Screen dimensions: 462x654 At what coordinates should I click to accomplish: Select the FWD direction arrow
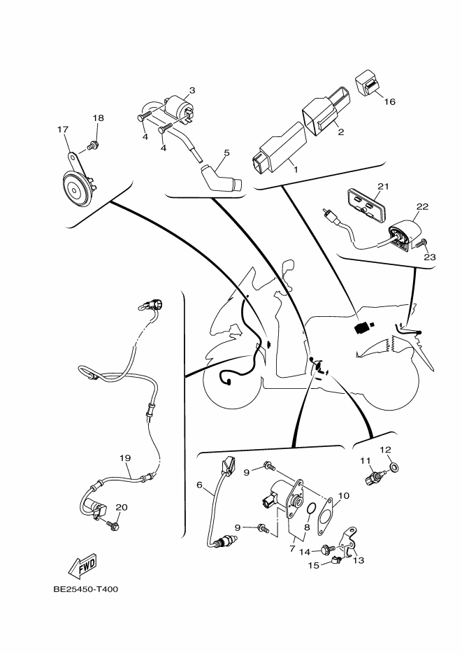82,566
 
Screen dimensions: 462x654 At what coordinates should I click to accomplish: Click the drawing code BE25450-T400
86,589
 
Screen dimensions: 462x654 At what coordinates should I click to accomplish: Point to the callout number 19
125,458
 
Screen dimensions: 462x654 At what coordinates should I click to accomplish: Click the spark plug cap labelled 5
221,178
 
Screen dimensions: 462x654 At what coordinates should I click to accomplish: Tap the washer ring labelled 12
393,467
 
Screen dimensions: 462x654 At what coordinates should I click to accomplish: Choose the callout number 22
422,206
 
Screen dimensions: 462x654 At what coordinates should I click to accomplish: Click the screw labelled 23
420,243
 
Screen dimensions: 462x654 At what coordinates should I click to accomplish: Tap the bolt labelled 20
112,525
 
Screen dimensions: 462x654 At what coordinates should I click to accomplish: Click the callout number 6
199,485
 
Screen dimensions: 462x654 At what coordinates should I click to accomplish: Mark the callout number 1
296,169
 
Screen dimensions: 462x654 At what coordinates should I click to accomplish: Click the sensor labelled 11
374,477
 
